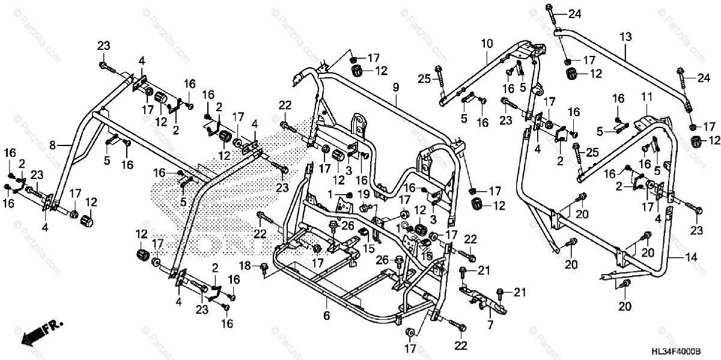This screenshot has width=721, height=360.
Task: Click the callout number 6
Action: [x=326, y=315]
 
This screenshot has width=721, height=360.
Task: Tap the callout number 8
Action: [x=53, y=145]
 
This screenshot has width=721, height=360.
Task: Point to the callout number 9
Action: [x=396, y=88]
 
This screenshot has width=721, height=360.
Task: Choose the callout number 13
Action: [x=626, y=37]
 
